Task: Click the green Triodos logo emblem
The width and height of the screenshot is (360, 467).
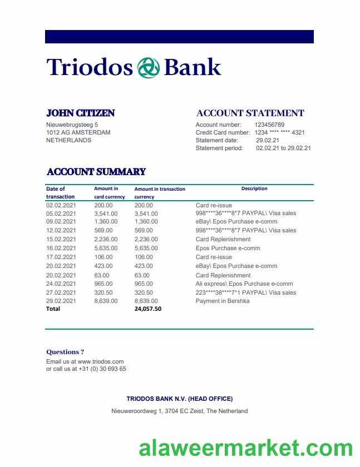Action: pos(149,67)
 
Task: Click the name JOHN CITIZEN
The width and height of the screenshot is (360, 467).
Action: pos(80,113)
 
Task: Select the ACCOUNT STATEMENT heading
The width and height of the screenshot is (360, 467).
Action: pos(250,113)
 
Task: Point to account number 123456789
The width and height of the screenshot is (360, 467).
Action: pos(269,125)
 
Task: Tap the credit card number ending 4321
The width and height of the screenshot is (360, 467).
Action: pos(279,132)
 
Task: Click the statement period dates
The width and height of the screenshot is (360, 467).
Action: pos(283,148)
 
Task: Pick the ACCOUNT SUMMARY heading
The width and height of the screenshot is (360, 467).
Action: pos(96,172)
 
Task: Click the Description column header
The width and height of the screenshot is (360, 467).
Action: pos(254,188)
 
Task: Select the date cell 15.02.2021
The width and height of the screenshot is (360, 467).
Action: pos(61,239)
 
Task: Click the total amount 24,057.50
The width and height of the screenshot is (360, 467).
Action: pos(148,309)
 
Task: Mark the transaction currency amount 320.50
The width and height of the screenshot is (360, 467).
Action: pos(144,292)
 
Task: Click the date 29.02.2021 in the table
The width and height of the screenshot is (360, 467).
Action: pos(61,301)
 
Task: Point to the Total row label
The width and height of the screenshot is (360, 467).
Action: pos(53,309)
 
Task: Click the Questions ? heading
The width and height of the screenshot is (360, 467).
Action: pos(65,352)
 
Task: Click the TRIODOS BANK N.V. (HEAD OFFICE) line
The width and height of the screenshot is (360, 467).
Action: pos(179,399)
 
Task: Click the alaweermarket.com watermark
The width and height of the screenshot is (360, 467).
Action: pos(245,448)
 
